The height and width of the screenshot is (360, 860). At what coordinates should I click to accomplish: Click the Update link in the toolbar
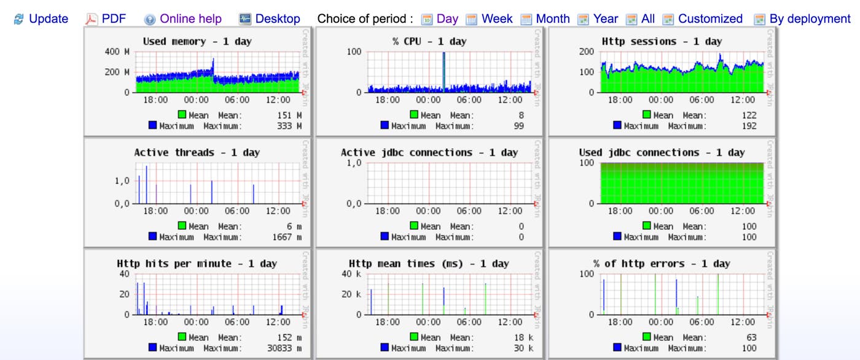(x=48, y=19)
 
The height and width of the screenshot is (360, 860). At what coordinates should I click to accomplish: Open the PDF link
(x=113, y=19)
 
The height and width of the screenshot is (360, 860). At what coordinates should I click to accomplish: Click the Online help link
(x=190, y=19)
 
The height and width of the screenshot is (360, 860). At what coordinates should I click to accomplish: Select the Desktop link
(x=278, y=19)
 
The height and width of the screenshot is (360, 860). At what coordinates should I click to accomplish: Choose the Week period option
(x=496, y=19)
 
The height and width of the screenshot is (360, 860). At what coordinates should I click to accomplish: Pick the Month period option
(x=552, y=19)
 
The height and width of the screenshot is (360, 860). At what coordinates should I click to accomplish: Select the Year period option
(x=605, y=19)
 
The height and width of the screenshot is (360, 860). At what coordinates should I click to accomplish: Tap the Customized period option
(x=709, y=19)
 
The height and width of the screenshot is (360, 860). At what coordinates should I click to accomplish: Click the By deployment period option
(x=810, y=19)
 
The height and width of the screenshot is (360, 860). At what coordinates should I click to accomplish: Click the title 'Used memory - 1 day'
(x=197, y=42)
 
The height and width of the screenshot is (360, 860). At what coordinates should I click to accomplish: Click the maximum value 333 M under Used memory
(x=290, y=126)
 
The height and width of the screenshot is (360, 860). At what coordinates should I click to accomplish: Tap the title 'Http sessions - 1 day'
(x=662, y=42)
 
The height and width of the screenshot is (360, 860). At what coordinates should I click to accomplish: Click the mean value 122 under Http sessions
(x=749, y=115)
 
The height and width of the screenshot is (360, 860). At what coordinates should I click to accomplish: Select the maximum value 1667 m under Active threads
(x=286, y=237)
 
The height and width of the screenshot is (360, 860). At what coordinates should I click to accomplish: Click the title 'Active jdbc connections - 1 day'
(x=429, y=153)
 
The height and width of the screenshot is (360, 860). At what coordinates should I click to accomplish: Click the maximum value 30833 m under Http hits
(x=284, y=348)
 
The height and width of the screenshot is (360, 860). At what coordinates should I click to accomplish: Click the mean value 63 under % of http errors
(x=751, y=337)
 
